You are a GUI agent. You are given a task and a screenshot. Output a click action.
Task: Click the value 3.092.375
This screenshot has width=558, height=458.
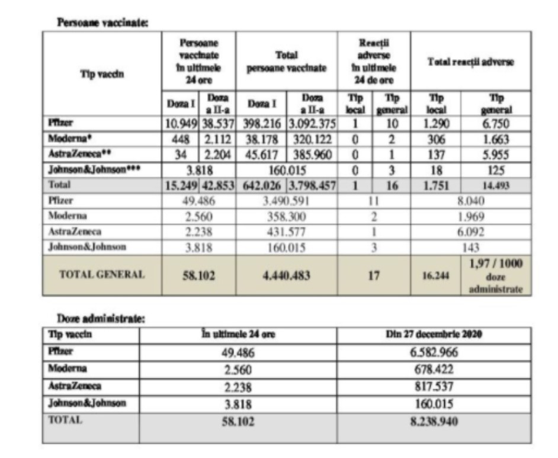click(312, 124)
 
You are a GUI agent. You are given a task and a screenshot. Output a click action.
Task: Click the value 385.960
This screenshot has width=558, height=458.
click(312, 155)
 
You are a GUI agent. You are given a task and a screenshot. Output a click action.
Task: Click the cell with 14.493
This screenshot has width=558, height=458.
click(495, 185)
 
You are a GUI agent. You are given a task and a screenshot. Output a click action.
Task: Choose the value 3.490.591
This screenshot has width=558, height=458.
click(286, 201)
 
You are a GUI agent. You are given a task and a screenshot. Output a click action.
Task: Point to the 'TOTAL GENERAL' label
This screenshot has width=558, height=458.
click(102, 275)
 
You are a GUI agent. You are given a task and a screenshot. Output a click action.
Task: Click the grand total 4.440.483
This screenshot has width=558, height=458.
click(286, 275)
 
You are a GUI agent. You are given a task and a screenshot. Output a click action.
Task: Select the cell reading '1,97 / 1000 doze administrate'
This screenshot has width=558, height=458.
click(495, 276)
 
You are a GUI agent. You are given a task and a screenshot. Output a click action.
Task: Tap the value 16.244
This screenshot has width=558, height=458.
click(435, 276)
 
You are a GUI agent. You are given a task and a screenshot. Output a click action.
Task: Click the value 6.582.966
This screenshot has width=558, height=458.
click(434, 353)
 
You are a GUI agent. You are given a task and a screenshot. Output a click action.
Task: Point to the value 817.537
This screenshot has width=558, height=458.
click(434, 387)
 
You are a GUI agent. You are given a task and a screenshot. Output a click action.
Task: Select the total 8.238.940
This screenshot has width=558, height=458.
click(434, 423)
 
